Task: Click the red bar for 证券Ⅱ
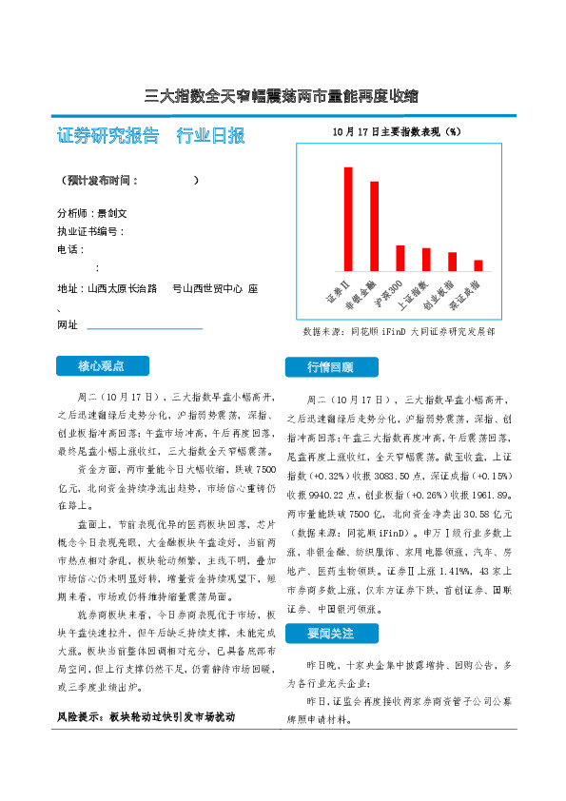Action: (348, 219)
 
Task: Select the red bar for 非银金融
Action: (374, 226)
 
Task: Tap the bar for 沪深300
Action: (400, 258)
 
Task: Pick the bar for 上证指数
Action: (426, 259)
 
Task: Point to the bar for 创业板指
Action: (452, 262)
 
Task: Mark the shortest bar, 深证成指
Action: (478, 265)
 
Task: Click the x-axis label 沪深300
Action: (390, 295)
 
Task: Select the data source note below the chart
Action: (399, 332)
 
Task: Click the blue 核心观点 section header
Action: (101, 365)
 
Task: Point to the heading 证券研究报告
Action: (107, 135)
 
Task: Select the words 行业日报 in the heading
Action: (210, 135)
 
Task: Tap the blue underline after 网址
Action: (145, 328)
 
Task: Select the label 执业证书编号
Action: (89, 231)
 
